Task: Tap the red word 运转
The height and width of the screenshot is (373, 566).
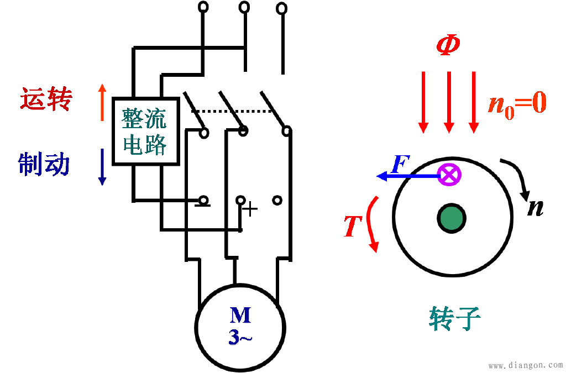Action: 46,98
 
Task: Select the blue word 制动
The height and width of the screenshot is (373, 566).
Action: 44,164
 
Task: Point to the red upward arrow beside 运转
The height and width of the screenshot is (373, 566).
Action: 102,102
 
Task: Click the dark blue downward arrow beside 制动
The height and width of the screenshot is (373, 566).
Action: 102,167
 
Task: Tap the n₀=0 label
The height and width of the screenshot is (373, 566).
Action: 517,104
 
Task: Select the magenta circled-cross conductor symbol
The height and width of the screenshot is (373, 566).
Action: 449,175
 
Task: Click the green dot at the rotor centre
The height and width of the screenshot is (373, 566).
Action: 452,219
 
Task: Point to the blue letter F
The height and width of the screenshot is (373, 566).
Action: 401,165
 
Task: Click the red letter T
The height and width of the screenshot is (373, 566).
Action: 353,226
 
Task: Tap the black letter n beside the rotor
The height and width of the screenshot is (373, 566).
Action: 535,208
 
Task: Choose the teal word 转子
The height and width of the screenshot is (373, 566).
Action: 455,318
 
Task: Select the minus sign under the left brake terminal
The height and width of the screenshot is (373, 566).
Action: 202,205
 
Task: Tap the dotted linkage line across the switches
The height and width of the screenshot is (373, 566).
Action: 232,112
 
